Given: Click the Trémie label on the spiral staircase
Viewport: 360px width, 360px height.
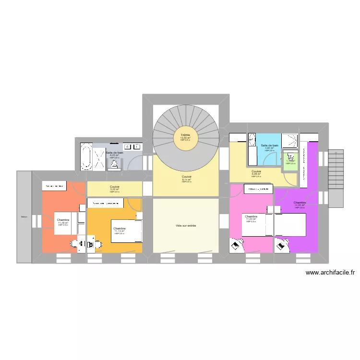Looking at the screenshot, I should [x=185, y=135].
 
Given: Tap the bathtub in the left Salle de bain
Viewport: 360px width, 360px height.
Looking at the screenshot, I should [x=87, y=156].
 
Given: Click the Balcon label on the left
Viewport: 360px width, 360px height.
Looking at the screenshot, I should [x=24, y=217].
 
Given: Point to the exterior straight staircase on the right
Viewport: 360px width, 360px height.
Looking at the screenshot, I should [x=336, y=178].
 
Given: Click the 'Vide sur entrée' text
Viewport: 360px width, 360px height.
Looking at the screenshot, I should [x=186, y=226].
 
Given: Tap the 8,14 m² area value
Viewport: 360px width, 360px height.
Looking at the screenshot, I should [x=186, y=180].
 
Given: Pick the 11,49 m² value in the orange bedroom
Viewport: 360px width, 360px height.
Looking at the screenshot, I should [x=63, y=222].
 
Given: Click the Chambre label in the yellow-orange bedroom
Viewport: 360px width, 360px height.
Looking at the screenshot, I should [x=119, y=228].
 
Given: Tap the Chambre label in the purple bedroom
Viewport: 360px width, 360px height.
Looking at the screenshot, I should [x=300, y=203].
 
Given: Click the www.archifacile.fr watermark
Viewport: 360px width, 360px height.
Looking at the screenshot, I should [x=330, y=273].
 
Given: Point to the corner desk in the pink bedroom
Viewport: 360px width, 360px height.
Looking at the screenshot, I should [x=237, y=245].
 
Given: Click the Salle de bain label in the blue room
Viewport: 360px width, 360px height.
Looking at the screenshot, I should [x=269, y=145].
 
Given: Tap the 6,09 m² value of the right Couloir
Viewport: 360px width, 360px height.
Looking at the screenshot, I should [x=256, y=174].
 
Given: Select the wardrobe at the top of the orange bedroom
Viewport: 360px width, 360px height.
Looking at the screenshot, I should [x=54, y=186].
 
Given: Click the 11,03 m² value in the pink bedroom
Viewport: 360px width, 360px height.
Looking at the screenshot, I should [x=252, y=219].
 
